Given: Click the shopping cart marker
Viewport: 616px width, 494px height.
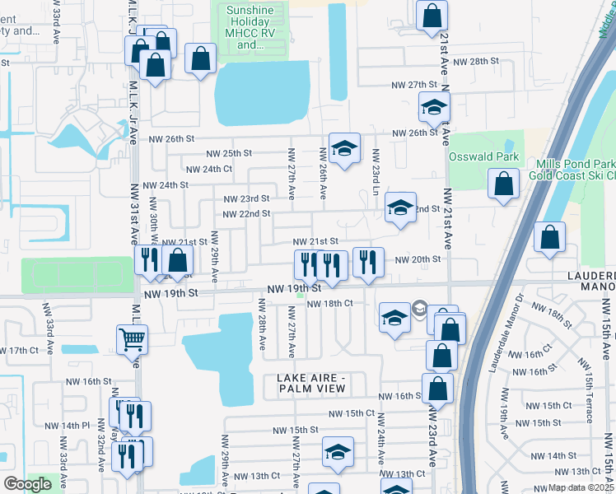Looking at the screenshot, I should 132,338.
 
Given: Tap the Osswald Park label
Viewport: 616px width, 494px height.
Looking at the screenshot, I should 483,156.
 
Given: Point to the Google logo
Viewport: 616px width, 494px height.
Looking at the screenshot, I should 27,484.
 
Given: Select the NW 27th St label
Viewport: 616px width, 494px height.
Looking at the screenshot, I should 413,85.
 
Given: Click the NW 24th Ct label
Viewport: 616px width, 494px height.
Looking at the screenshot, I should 209,169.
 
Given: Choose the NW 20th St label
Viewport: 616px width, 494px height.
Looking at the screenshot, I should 418,259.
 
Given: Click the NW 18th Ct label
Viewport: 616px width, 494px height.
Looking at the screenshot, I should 329,304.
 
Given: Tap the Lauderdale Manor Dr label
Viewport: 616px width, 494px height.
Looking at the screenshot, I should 502,333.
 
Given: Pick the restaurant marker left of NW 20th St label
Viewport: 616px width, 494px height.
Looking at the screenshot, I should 367,262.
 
